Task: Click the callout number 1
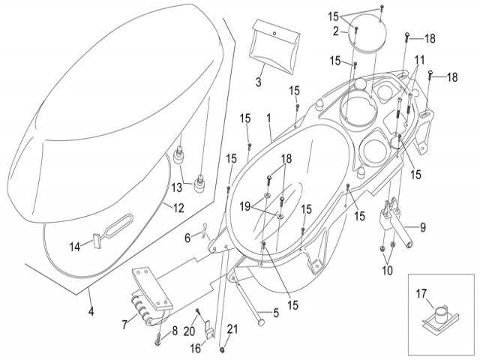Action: tap(268, 118)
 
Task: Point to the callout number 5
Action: tap(275, 313)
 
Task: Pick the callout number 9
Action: tap(422, 227)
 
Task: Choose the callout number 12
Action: tap(178, 208)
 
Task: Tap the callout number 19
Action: tap(245, 205)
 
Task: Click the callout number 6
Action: tap(187, 238)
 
